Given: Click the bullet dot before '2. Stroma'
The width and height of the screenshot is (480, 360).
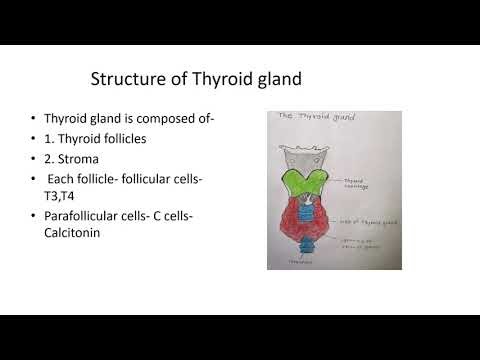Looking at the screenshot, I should [x=35, y=160].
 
